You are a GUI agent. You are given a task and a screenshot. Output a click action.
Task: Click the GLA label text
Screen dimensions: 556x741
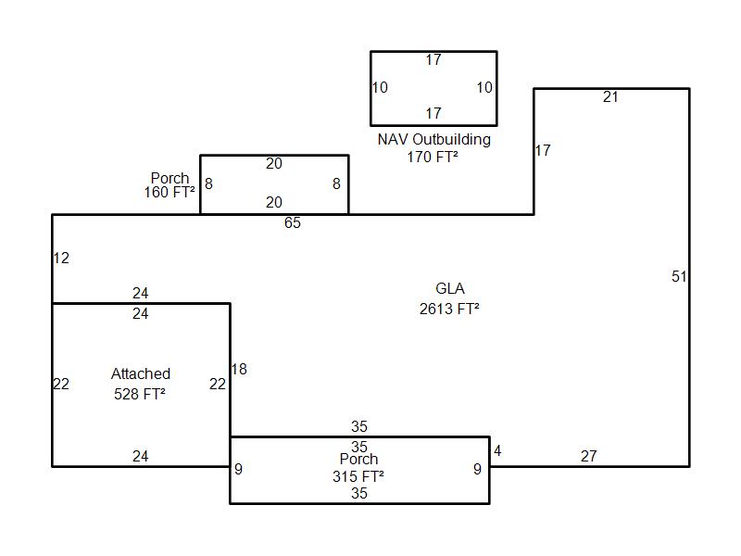coord(450,289)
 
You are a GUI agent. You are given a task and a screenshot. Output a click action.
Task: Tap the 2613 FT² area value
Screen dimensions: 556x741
coord(449,310)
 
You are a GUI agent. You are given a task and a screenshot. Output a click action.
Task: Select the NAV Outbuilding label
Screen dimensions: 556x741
coord(433,140)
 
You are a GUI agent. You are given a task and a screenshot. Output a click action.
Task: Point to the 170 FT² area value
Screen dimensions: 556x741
coord(433,158)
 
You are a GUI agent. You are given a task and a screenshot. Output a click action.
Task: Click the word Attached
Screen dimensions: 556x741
coord(141,374)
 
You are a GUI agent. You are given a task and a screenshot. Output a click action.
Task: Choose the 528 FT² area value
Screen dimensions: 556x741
coord(140,394)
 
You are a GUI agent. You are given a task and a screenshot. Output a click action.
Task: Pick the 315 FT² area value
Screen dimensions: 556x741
coord(358,476)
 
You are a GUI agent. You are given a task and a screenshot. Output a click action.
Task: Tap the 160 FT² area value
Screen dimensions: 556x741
coord(170,193)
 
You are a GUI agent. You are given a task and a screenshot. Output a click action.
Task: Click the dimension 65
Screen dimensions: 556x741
coord(293,223)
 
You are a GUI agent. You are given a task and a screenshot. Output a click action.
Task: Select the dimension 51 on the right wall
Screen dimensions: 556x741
coord(679,276)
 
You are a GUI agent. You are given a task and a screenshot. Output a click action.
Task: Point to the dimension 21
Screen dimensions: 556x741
coord(610,97)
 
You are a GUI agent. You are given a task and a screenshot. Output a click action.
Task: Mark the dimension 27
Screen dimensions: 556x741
coord(588,456)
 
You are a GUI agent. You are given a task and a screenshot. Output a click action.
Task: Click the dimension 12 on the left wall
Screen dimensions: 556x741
coord(61,259)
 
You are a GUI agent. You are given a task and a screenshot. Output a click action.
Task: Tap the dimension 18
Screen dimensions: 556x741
coord(239,370)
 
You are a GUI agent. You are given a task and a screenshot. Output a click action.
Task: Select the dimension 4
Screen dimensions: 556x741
coord(497,451)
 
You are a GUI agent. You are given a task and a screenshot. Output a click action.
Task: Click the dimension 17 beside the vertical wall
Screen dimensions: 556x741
coord(543,150)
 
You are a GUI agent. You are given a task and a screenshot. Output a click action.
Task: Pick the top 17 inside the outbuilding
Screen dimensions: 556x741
coord(433,60)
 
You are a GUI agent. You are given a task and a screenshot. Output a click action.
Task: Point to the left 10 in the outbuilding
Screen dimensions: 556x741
coord(380,88)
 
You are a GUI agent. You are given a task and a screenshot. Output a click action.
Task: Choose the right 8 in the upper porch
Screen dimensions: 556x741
coord(336,184)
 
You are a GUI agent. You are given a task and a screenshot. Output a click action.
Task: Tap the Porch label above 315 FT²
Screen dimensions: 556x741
coord(358,460)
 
